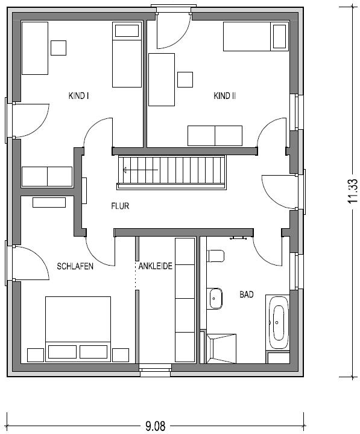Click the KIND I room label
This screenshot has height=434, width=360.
[x=78, y=96]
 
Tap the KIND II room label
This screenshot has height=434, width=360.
[x=224, y=96]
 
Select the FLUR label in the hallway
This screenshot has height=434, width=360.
[x=120, y=206]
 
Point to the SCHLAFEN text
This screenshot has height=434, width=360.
[x=75, y=266]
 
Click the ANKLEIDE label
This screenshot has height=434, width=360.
[x=156, y=266]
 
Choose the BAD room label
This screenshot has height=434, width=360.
[x=247, y=295]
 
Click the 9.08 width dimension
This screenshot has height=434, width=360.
[x=156, y=426]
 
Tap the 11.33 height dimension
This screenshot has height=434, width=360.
[x=353, y=191]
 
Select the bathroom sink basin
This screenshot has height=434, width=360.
[x=215, y=299]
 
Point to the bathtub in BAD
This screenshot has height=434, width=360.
[x=278, y=324]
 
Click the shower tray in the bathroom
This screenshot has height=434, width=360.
[x=221, y=348]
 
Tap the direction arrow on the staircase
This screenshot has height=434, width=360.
[x=141, y=170]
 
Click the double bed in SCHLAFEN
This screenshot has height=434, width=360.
[x=78, y=329]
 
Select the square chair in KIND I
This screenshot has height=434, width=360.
[x=58, y=48]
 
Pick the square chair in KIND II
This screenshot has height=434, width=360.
[x=185, y=80]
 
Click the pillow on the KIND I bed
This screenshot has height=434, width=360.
[x=127, y=31]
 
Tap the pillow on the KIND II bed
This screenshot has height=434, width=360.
[x=280, y=37]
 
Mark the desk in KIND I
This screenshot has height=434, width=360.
[x=35, y=48]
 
